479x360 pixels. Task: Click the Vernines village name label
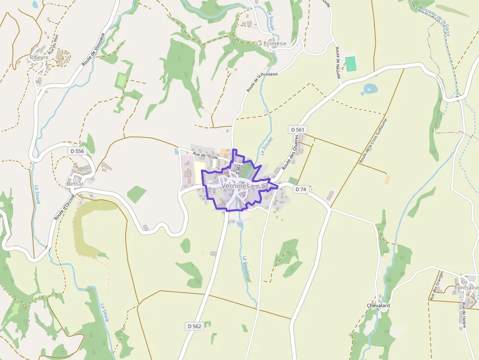[235, 186]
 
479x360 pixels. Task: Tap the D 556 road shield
[77, 151]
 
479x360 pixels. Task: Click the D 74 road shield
[301, 190]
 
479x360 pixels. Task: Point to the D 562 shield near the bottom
[194, 326]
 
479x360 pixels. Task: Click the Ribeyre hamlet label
[39, 57]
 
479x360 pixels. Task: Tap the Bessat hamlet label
[75, 184]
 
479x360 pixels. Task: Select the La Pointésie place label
[271, 43]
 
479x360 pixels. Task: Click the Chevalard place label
[378, 306]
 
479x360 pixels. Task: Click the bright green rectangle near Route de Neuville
[350, 64]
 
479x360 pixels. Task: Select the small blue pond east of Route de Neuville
[370, 89]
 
